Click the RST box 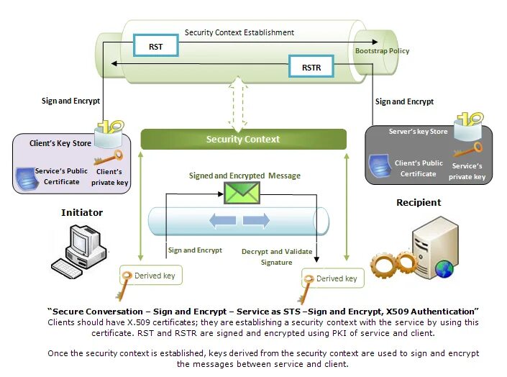pos(155,47)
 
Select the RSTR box pos(311,68)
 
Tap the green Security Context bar pos(242,139)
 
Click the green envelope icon pos(242,193)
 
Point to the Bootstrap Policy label pos(383,51)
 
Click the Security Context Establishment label pos(239,32)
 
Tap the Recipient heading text pos(418,203)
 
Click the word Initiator pos(82,212)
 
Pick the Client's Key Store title pos(60,143)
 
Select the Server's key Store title pos(418,132)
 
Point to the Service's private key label pos(469,172)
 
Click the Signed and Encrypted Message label pos(245,176)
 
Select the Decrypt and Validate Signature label pos(276,257)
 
